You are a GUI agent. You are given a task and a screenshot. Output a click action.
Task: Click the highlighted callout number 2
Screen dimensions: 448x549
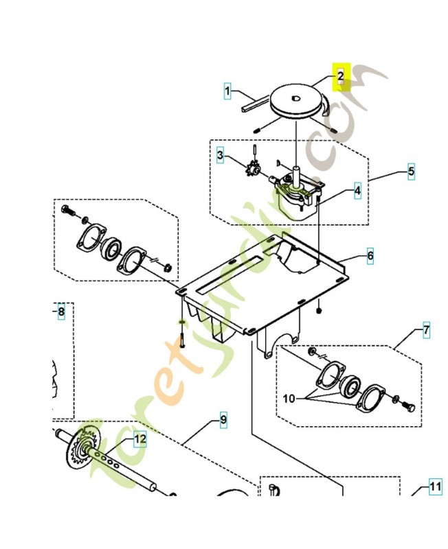(341, 76)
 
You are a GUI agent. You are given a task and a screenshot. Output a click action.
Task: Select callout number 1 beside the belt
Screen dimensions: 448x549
(228, 91)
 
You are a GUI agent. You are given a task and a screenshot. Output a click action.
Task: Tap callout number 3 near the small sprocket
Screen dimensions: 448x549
(220, 155)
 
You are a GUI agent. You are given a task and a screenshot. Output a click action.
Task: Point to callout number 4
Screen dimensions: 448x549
(357, 191)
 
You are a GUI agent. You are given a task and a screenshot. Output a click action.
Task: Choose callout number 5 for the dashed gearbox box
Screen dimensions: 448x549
(411, 172)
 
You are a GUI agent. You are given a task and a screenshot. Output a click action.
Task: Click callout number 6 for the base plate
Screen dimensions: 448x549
(370, 256)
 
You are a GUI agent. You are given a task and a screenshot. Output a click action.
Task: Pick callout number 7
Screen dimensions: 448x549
(426, 330)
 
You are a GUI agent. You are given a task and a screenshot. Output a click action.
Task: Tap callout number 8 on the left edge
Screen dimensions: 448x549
(61, 312)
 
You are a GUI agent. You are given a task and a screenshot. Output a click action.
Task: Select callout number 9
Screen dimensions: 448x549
(223, 420)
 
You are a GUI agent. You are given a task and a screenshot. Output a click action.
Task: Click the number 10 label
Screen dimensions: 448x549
(289, 399)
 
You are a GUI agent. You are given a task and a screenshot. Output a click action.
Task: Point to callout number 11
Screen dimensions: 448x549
(435, 487)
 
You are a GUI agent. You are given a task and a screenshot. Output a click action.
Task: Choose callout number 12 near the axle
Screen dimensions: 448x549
(140, 439)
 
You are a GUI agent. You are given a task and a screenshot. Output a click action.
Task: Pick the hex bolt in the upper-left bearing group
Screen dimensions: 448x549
(68, 211)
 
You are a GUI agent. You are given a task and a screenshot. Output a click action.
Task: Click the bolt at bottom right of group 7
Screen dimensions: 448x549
(407, 408)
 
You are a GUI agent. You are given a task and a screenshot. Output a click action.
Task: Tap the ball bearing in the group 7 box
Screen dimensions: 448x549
(350, 388)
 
